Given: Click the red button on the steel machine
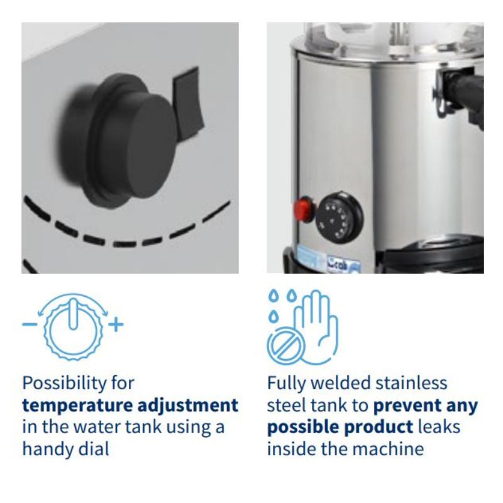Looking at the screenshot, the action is click(x=304, y=209).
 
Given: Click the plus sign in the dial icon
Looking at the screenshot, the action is click(x=116, y=324).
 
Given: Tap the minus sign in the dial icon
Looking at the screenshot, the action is click(x=30, y=324).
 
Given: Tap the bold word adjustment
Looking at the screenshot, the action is click(x=188, y=406).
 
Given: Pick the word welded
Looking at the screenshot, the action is click(x=341, y=383).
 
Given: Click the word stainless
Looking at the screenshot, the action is click(x=411, y=383).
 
